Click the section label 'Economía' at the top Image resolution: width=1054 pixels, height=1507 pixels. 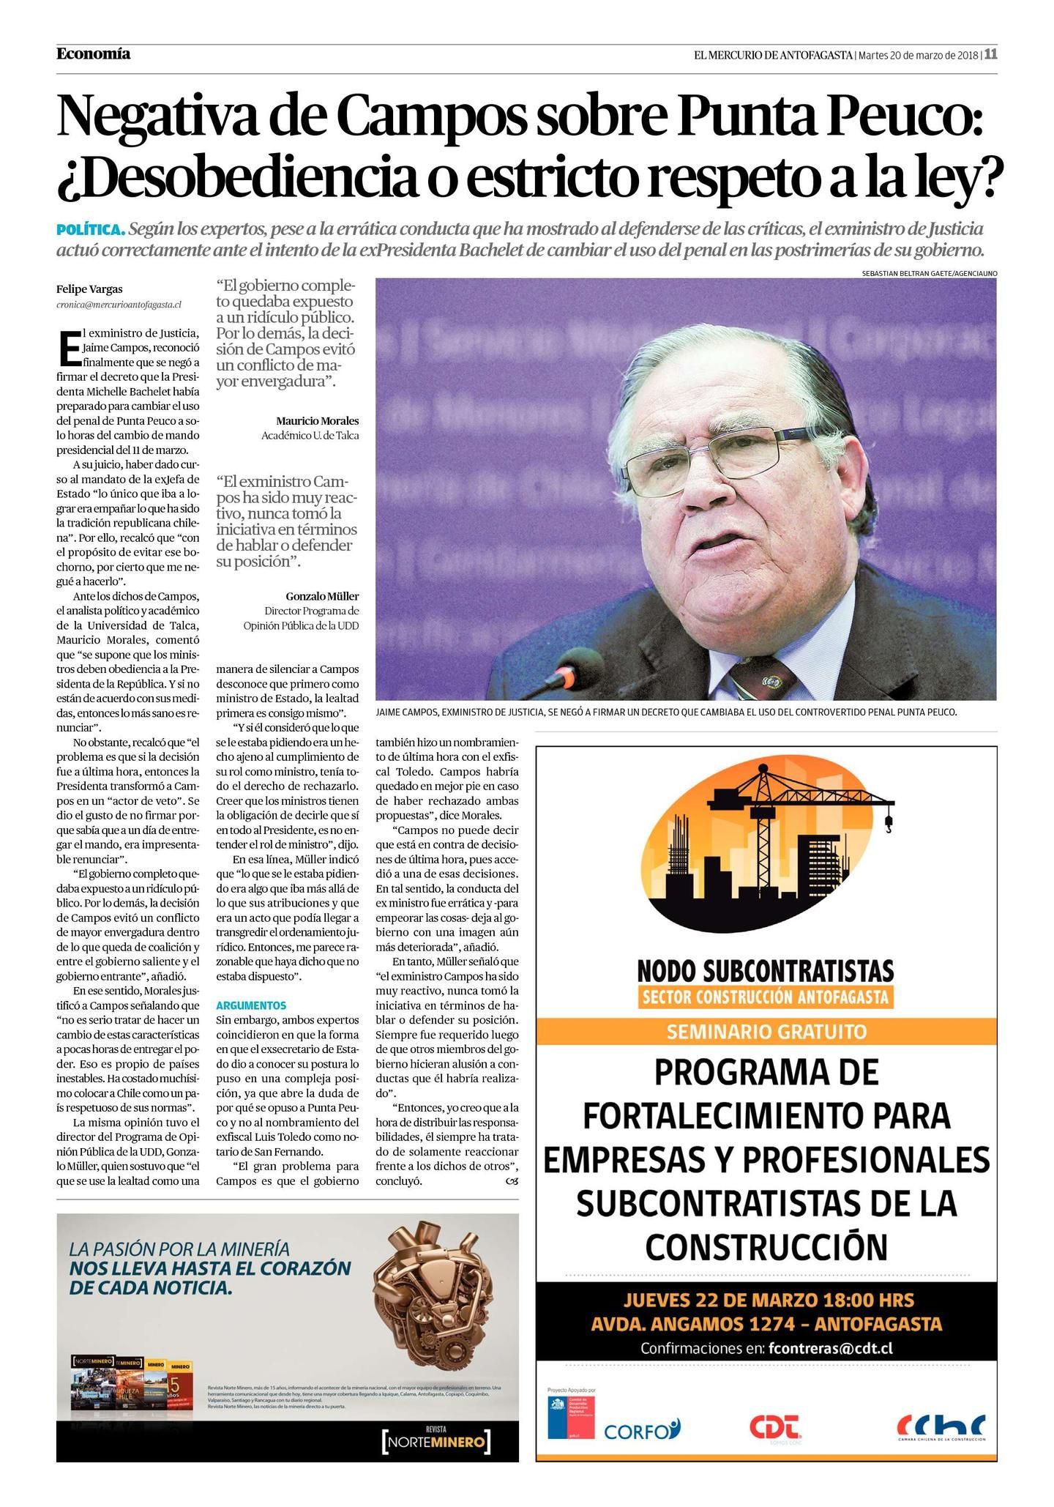[93, 53]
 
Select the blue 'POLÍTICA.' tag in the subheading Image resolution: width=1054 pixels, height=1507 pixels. [91, 230]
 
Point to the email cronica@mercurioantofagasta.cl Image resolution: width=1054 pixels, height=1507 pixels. [119, 304]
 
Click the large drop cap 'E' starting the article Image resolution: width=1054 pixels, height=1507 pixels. [68, 349]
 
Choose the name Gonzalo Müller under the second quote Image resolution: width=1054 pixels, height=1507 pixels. [322, 596]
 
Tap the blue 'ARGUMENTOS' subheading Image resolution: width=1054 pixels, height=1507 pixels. [251, 1005]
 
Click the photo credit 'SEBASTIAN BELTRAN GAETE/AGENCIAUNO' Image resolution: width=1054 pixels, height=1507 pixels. [929, 273]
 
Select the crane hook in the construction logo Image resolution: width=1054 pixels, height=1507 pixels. [889, 826]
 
